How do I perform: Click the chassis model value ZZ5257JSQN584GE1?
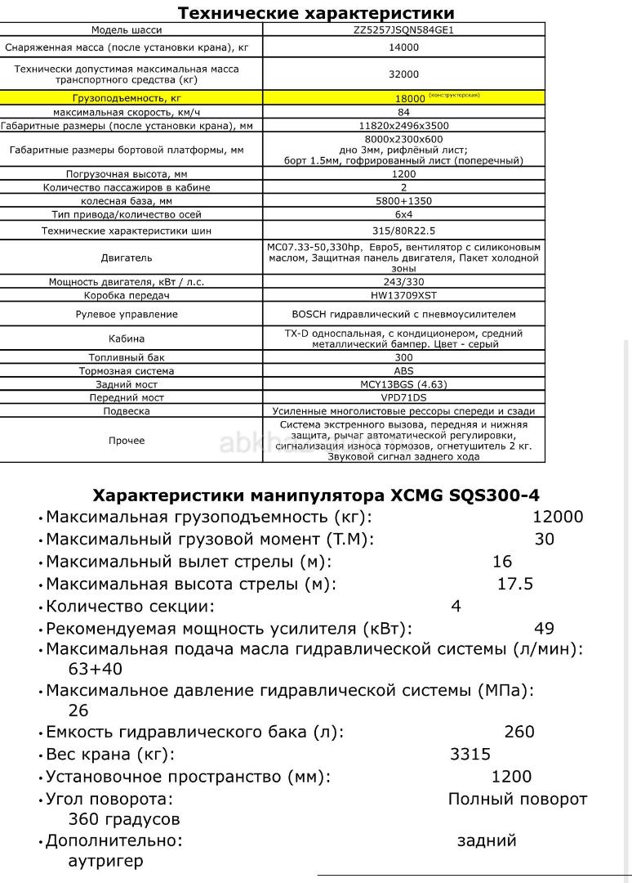point(403,30)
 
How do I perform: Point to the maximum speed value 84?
point(403,112)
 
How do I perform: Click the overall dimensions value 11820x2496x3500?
point(403,126)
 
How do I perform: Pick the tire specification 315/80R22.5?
point(403,231)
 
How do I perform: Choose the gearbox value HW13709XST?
point(403,295)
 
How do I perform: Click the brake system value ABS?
point(403,370)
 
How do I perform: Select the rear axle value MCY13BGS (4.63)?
point(403,383)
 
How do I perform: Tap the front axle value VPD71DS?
point(403,397)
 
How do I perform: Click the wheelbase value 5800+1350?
point(403,200)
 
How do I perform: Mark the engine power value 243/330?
point(403,282)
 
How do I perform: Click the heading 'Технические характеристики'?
point(316,13)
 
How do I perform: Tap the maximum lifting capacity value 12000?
point(558,517)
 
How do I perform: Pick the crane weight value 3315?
point(470,755)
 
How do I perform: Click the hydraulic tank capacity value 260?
point(519,732)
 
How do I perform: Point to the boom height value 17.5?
point(515,584)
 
